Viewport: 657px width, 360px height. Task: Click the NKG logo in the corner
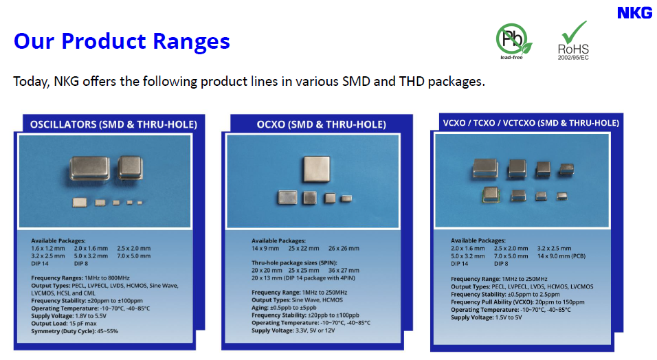[x=634, y=13]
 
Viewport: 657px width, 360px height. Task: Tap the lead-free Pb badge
[x=513, y=41]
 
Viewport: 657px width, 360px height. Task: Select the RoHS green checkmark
[x=574, y=32]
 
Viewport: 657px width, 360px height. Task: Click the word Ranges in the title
[x=191, y=41]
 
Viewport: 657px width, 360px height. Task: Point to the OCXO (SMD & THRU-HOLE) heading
[x=322, y=124]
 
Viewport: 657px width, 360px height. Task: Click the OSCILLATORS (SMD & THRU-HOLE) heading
[x=113, y=124]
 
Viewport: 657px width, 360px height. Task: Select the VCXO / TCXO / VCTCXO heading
[x=531, y=123]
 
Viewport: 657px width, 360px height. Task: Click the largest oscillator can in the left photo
[x=89, y=168]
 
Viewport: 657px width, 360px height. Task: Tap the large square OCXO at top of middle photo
[x=317, y=169]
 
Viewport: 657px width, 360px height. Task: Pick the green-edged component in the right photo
[x=491, y=195]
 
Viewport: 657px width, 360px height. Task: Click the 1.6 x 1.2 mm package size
[x=48, y=249]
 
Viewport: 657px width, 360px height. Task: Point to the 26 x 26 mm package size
[x=344, y=249]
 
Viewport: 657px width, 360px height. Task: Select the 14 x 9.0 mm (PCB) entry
[x=561, y=256]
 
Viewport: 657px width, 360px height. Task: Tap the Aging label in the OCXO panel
[x=260, y=308]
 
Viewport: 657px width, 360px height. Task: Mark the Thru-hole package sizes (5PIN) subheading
[x=294, y=262]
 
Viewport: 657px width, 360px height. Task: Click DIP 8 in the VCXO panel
[x=501, y=264]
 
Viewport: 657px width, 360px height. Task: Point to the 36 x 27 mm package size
[x=344, y=270]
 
